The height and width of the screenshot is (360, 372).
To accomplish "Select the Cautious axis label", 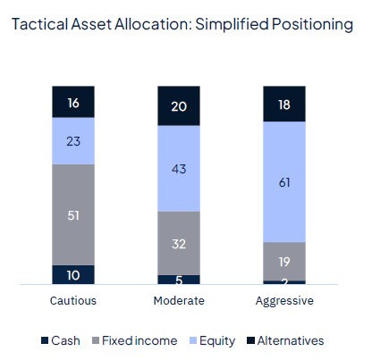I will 73,301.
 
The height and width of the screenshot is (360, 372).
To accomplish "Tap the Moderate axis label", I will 179,301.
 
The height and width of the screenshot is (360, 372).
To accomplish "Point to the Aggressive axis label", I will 283,301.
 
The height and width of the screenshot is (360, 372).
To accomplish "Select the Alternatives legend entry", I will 284,340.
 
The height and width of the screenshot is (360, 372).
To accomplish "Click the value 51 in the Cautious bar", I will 73,214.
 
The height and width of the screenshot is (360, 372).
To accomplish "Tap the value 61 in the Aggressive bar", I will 283,181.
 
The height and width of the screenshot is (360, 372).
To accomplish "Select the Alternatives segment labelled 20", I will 179,105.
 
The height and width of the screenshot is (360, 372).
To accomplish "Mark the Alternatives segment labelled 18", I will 283,104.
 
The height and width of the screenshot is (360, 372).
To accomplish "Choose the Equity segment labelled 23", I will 73,140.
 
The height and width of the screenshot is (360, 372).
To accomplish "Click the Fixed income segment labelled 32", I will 179,242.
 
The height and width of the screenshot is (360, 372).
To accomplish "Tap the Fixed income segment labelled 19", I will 283,261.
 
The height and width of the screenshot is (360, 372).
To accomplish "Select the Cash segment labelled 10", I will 73,274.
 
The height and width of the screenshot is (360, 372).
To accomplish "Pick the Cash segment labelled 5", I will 179,279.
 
